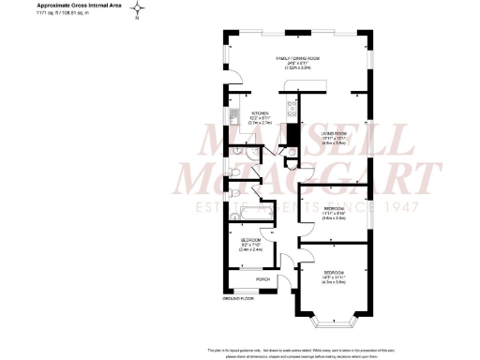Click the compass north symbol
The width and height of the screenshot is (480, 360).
[138, 12]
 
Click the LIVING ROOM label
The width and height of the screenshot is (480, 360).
[336, 134]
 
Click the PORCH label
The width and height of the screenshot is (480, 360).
[262, 278]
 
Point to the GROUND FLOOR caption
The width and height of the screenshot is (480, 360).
[238, 297]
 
